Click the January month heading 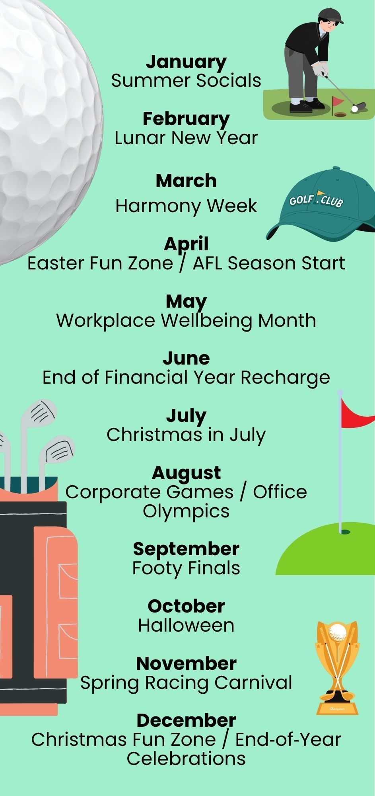click(186, 62)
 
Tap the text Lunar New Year click(186, 138)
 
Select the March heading click(186, 181)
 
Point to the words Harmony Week click(186, 206)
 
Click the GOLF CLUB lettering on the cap click(316, 199)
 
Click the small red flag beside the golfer click(338, 101)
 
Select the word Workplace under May click(106, 321)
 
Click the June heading click(186, 358)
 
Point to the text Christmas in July click(186, 435)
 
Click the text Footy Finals click(186, 568)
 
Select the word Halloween click(186, 625)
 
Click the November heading click(186, 663)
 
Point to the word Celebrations click(186, 759)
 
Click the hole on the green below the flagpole click(345, 532)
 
